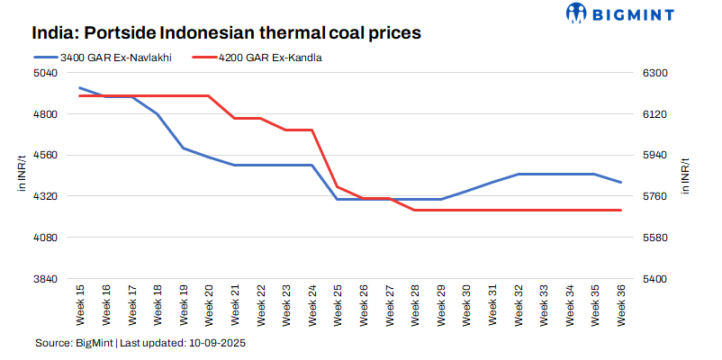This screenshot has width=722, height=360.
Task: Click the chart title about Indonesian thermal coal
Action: (227, 34)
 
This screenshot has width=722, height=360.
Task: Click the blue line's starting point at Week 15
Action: (80, 88)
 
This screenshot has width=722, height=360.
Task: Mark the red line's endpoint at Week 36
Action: (621, 210)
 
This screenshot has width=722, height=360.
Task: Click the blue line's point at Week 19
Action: (183, 148)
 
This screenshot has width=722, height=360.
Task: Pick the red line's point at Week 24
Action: (311, 130)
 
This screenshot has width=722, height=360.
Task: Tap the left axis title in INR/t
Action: (22, 174)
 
